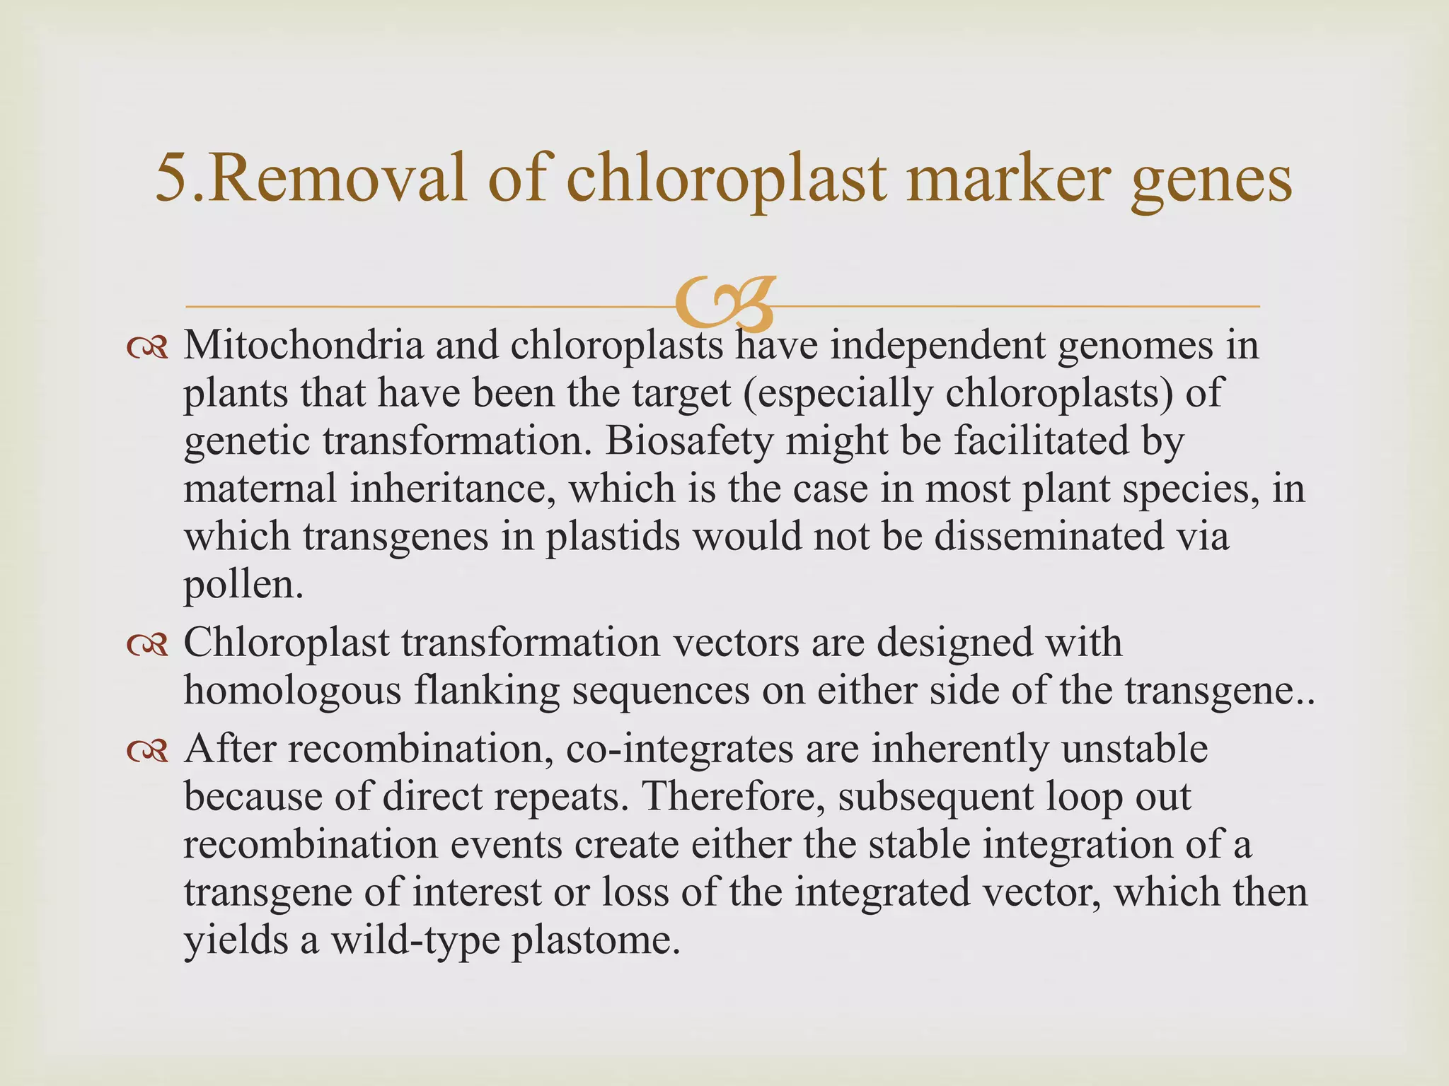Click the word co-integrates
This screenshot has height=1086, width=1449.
679,749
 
